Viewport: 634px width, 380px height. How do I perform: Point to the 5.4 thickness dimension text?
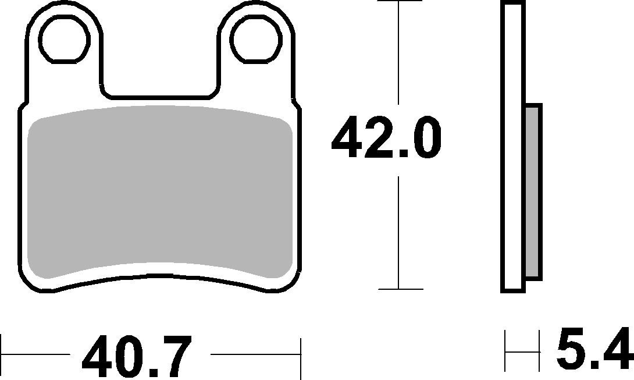pos(594,350)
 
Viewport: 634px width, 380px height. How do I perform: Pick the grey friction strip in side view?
pos(533,192)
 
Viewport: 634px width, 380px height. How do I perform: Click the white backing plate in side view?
pos(512,145)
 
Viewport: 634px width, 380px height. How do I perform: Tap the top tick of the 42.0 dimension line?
pos(398,2)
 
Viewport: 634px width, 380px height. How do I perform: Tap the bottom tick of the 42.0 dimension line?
pos(398,289)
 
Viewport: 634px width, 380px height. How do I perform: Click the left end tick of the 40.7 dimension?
pos(2,353)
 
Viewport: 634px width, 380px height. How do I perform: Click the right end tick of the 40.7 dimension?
pos(301,353)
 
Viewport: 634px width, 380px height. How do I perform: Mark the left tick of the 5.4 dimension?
pos(506,351)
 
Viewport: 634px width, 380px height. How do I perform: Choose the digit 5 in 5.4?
pos(570,350)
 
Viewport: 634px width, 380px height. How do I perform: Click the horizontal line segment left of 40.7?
pos(35,353)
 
